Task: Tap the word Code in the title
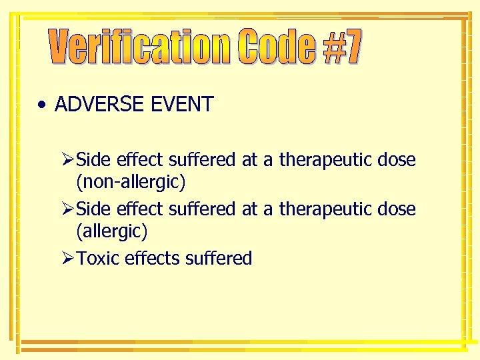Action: pyautogui.click(x=277, y=48)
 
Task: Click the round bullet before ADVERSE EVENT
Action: pyautogui.click(x=42, y=105)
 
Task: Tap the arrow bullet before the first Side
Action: pyautogui.click(x=67, y=161)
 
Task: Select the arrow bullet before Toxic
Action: pyautogui.click(x=67, y=258)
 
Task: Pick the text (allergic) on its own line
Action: pyautogui.click(x=112, y=231)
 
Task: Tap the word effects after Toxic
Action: pyautogui.click(x=151, y=258)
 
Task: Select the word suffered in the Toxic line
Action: pyautogui.click(x=219, y=258)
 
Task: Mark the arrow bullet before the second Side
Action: pyautogui.click(x=67, y=209)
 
